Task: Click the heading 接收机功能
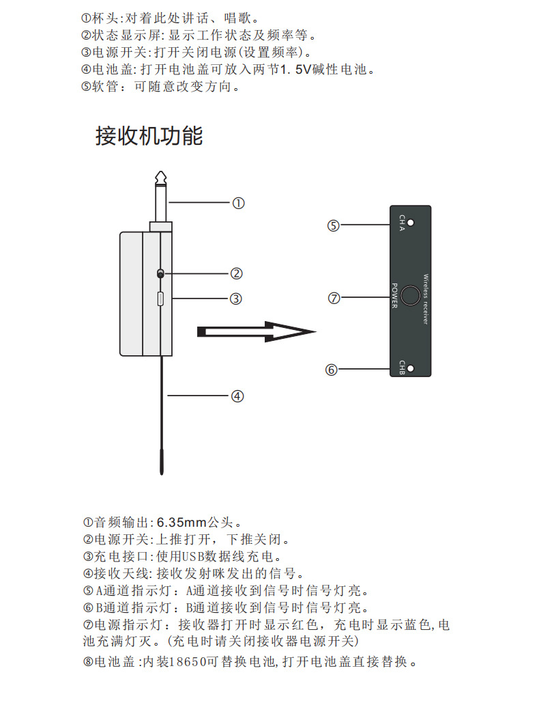[149, 135]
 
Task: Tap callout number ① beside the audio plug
[238, 203]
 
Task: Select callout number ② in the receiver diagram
[236, 273]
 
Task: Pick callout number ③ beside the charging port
[236, 299]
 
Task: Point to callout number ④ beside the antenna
[237, 396]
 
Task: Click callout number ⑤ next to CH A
[333, 225]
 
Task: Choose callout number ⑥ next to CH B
[332, 370]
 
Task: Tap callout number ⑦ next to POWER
[334, 299]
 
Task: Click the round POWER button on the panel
[410, 295]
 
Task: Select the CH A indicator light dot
[419, 223]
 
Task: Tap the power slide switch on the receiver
[160, 273]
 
